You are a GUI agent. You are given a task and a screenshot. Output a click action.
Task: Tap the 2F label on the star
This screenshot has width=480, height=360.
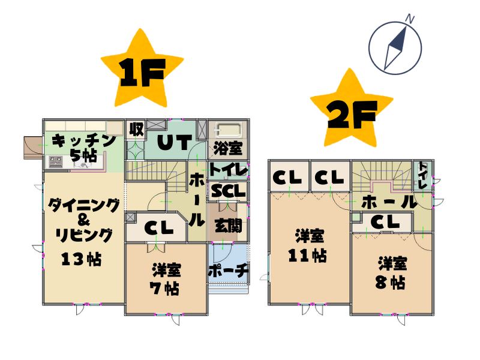[x=352, y=115]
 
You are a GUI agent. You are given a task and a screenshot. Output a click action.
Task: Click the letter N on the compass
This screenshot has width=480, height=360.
[x=410, y=19]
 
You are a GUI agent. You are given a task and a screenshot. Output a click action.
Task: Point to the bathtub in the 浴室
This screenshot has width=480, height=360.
[x=228, y=131]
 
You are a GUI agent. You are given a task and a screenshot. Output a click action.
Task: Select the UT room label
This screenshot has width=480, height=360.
[x=175, y=142]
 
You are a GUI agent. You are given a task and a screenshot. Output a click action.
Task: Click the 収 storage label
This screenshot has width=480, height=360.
[x=136, y=130]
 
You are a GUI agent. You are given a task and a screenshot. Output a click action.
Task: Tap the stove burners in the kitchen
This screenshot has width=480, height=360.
[x=55, y=161]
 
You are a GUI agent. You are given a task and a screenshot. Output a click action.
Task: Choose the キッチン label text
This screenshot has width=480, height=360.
[x=83, y=141]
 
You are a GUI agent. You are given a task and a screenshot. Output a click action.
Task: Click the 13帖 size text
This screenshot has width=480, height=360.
[x=82, y=259]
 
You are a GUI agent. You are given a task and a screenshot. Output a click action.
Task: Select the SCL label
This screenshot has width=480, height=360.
[x=229, y=191]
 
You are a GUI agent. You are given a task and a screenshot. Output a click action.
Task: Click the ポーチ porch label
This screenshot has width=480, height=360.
[x=228, y=271]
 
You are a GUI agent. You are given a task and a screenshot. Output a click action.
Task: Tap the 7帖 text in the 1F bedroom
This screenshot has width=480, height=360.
[x=164, y=288]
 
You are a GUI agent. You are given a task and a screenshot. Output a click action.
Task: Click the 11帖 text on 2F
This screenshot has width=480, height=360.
[x=307, y=256]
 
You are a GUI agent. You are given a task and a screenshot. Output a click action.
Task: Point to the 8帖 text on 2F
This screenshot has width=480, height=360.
[x=391, y=282]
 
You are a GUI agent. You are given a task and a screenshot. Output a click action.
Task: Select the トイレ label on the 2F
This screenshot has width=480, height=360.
[x=422, y=175]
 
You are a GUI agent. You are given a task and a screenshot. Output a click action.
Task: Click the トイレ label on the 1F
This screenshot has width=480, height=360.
[x=228, y=170]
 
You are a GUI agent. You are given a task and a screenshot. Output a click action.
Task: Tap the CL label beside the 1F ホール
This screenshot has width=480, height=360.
[x=159, y=228]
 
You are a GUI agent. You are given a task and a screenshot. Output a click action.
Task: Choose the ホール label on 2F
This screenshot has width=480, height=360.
[x=389, y=202]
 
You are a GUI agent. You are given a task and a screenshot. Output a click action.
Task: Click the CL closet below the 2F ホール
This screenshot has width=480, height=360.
[x=385, y=222]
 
